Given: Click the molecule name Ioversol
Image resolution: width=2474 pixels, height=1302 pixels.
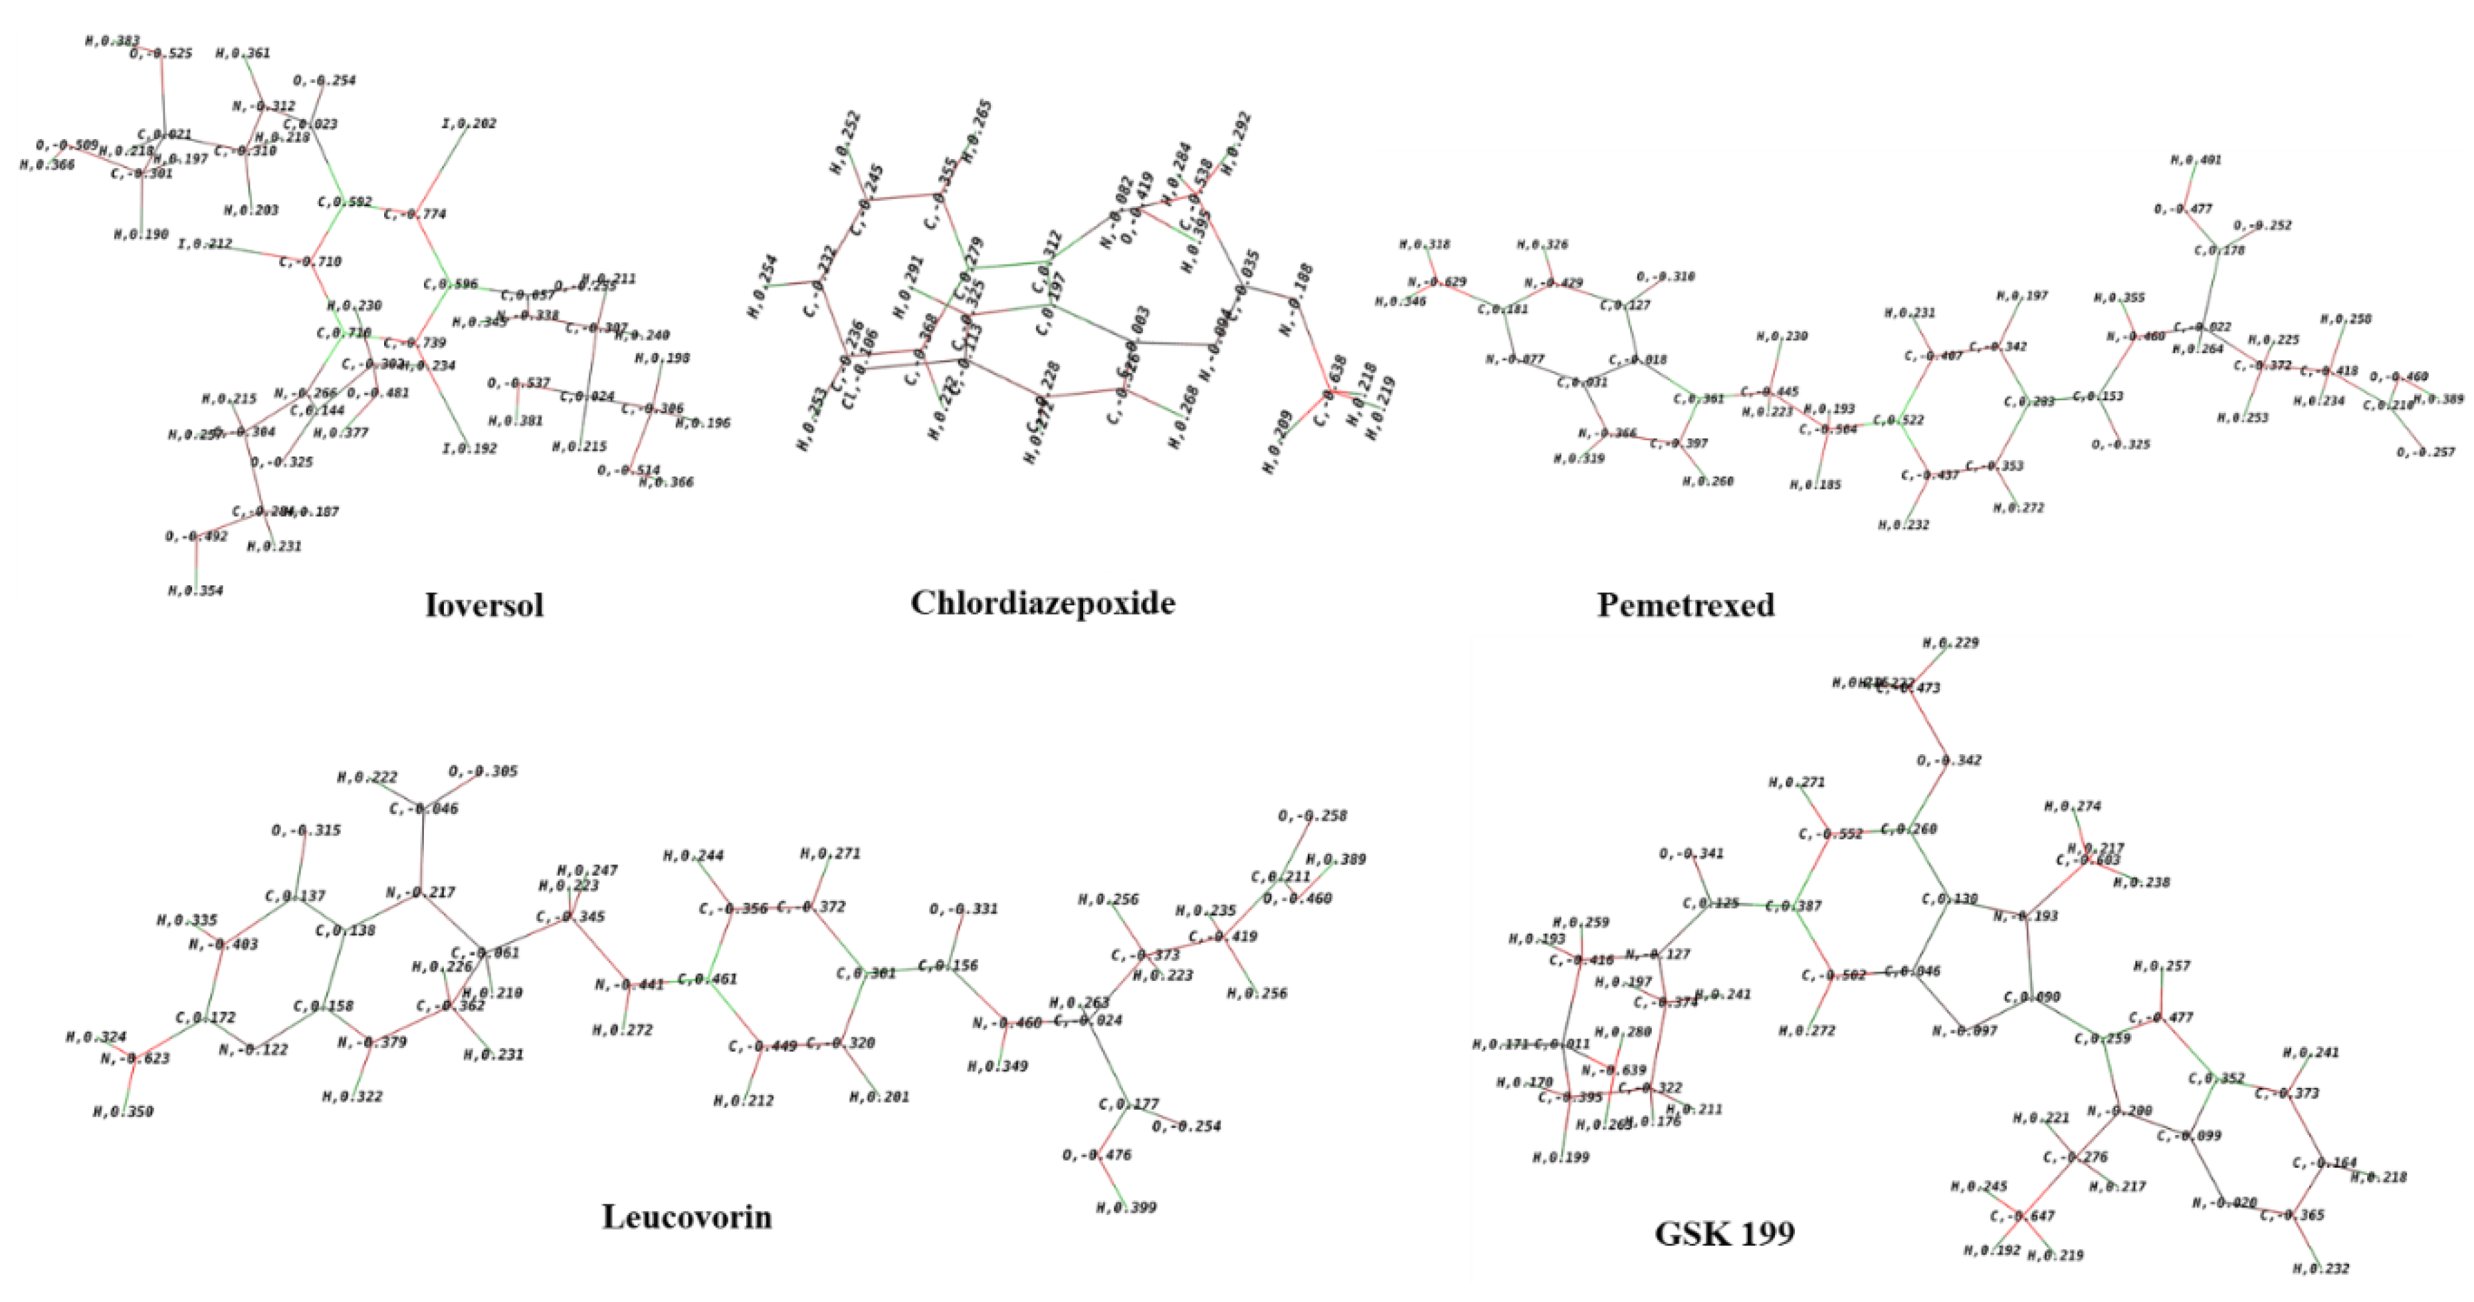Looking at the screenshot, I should coord(484,605).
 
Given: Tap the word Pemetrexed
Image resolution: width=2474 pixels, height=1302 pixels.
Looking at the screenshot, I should coord(1685,605).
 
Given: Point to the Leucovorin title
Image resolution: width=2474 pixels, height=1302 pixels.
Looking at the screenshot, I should coord(686,1218).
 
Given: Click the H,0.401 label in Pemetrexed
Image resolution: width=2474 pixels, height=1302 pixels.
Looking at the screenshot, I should coord(2196,160).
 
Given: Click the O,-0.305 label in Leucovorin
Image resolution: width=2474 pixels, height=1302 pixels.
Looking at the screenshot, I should coord(483,771).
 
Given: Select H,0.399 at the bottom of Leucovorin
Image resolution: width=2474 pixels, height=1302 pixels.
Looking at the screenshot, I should coord(1126,1208).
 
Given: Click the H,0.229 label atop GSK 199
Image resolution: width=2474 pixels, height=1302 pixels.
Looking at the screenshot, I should coord(1950,643).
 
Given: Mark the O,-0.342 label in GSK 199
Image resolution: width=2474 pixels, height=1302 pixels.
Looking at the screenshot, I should coord(1948,761).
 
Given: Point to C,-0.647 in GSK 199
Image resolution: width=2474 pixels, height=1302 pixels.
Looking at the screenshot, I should coord(2023,1216).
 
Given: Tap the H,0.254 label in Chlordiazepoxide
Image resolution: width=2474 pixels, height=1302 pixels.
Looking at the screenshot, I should coord(763,287).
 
